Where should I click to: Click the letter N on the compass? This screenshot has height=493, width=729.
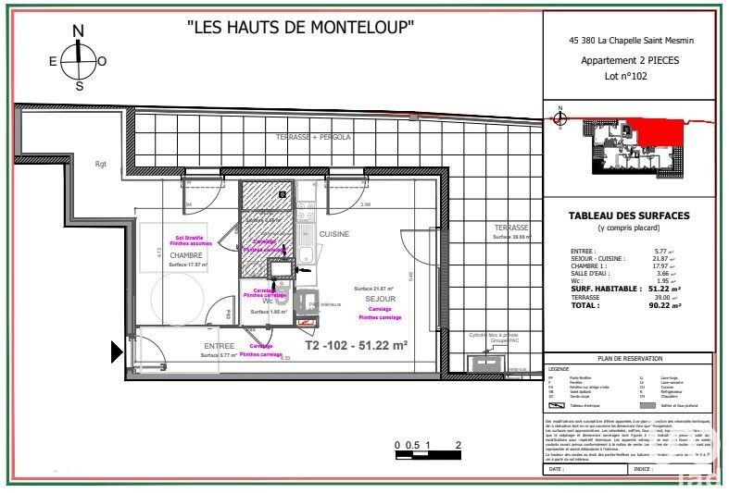(x=79, y=31)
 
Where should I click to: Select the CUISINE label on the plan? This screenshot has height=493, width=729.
(x=334, y=234)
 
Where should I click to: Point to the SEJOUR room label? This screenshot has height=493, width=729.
(x=381, y=300)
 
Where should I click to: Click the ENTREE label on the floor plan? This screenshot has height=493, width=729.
(x=219, y=346)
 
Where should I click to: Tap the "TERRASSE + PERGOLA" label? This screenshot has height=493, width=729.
(x=312, y=137)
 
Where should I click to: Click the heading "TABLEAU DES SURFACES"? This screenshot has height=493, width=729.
(x=627, y=216)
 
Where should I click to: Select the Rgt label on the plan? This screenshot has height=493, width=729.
(x=101, y=164)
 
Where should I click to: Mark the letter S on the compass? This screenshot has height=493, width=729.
(x=79, y=86)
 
